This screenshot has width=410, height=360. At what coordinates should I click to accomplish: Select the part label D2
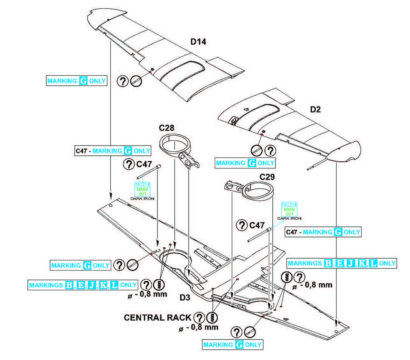[x=315, y=109]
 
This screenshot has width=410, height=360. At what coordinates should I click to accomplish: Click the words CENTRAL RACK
[x=157, y=317]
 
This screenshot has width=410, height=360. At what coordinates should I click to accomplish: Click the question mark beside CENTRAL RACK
[x=199, y=317]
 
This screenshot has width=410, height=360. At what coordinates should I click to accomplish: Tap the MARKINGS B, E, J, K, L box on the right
[x=342, y=263]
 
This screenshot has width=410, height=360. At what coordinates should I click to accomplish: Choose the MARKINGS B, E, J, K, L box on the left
[x=83, y=285]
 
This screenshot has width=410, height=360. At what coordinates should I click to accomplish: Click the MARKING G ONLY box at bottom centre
[x=232, y=344]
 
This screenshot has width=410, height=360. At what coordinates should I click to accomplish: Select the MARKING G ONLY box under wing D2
[x=245, y=163]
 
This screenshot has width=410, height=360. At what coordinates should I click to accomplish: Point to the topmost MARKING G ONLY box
[x=77, y=81]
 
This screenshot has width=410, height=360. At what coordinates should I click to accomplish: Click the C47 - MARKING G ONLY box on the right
[x=323, y=232]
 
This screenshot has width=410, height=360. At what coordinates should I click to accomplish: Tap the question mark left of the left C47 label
[x=129, y=164]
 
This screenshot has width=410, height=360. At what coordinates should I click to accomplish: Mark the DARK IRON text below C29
[x=289, y=219]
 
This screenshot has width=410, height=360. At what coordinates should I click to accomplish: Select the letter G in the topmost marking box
[x=83, y=81]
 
